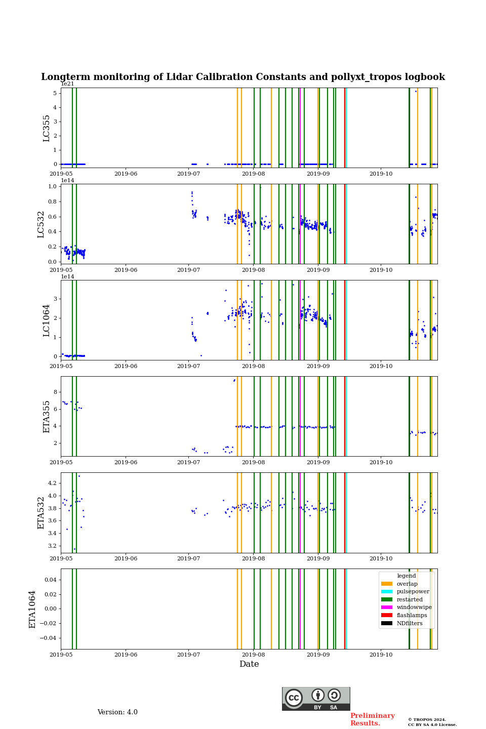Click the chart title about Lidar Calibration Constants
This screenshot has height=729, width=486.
(x=243, y=77)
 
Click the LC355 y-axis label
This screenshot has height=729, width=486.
(x=47, y=128)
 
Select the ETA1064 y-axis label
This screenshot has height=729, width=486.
(x=32, y=609)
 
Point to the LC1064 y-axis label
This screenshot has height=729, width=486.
(x=47, y=320)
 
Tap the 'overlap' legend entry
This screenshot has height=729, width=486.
(x=407, y=584)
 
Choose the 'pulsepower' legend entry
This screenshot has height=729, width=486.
(x=413, y=591)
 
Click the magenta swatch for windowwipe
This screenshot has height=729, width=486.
(x=387, y=607)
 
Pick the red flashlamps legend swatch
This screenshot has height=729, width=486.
(x=387, y=616)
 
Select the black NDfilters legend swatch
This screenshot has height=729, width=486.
(x=387, y=623)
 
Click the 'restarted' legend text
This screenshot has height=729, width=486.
(x=410, y=599)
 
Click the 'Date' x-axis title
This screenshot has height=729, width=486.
(x=249, y=664)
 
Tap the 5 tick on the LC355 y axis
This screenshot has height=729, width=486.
(x=54, y=93)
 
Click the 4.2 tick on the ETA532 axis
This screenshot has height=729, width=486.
(x=51, y=483)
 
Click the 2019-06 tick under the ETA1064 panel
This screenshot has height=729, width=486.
(x=126, y=655)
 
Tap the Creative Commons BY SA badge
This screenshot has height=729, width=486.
(x=316, y=699)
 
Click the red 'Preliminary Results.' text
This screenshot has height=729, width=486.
(x=372, y=719)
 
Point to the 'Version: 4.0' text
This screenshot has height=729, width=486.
(x=117, y=712)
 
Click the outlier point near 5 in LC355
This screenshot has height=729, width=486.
(x=416, y=91)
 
